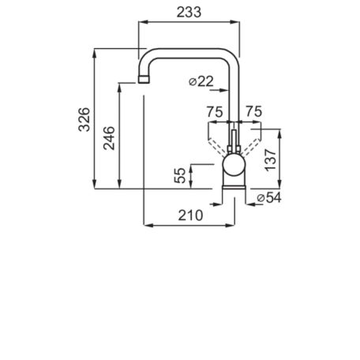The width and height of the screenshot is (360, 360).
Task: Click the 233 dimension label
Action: [189, 12]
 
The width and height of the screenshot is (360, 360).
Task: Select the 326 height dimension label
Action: [84, 119]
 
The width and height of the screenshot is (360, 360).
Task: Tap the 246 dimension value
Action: [109, 138]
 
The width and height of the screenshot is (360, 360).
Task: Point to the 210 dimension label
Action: [190, 216]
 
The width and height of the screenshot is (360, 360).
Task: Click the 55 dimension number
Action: [180, 175]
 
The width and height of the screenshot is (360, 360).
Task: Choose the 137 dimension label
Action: [271, 160]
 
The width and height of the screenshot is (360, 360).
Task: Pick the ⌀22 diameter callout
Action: [201, 81]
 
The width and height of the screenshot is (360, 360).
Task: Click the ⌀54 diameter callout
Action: [269, 197]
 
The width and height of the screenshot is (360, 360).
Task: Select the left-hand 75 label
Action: [215, 111]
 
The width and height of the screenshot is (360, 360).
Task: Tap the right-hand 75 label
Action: [253, 111]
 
